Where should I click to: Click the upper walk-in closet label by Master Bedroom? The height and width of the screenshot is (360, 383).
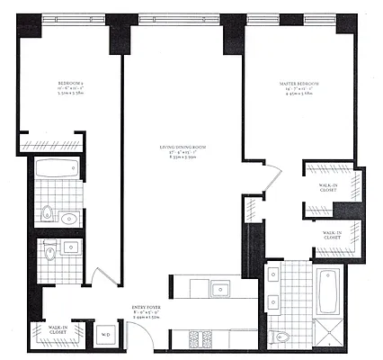[x=328, y=189]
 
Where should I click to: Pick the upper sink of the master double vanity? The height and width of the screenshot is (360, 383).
[x=272, y=278]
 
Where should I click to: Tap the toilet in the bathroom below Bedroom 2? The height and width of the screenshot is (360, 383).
[x=46, y=214]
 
